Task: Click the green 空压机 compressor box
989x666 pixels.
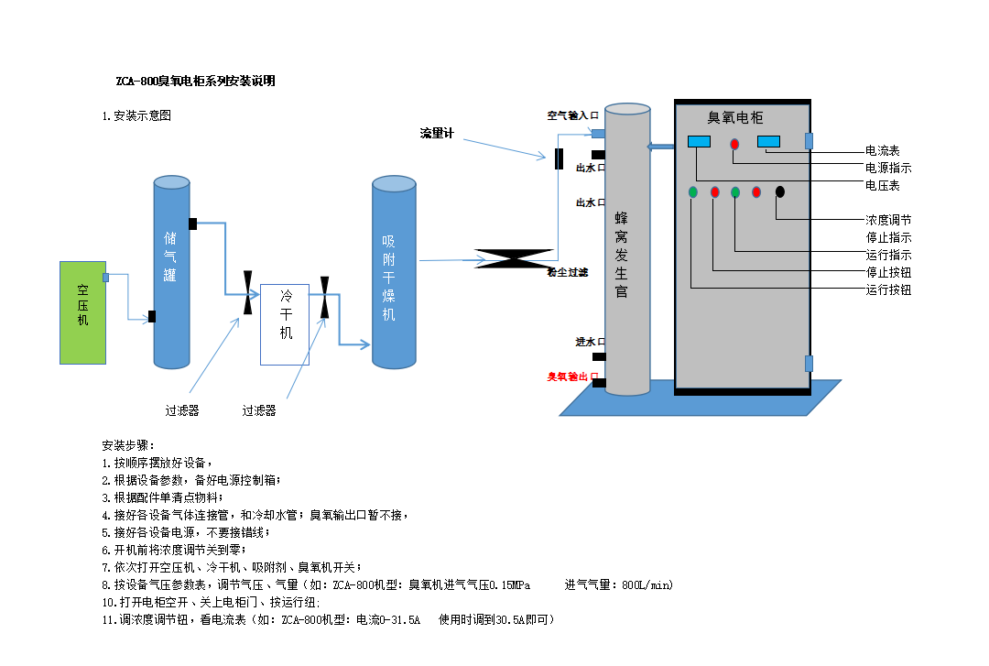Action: [x=82, y=312]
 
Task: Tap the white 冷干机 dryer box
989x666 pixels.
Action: [x=286, y=325]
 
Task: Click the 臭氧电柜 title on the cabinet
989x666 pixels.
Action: [x=735, y=117]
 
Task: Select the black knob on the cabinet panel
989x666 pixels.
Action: [x=780, y=191]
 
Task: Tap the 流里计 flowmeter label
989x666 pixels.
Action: [x=437, y=134]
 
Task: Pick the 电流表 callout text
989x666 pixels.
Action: [x=883, y=151]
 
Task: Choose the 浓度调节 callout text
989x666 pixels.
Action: [x=888, y=221]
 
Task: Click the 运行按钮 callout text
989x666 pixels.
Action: [x=888, y=290]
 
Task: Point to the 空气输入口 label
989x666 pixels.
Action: [x=573, y=115]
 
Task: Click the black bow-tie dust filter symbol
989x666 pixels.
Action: [x=514, y=259]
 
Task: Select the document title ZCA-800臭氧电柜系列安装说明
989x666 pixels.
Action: [x=195, y=81]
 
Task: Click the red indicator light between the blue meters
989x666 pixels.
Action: [x=734, y=144]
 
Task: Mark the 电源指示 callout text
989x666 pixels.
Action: [x=888, y=169]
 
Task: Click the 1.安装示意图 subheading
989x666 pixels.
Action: [x=136, y=115]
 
